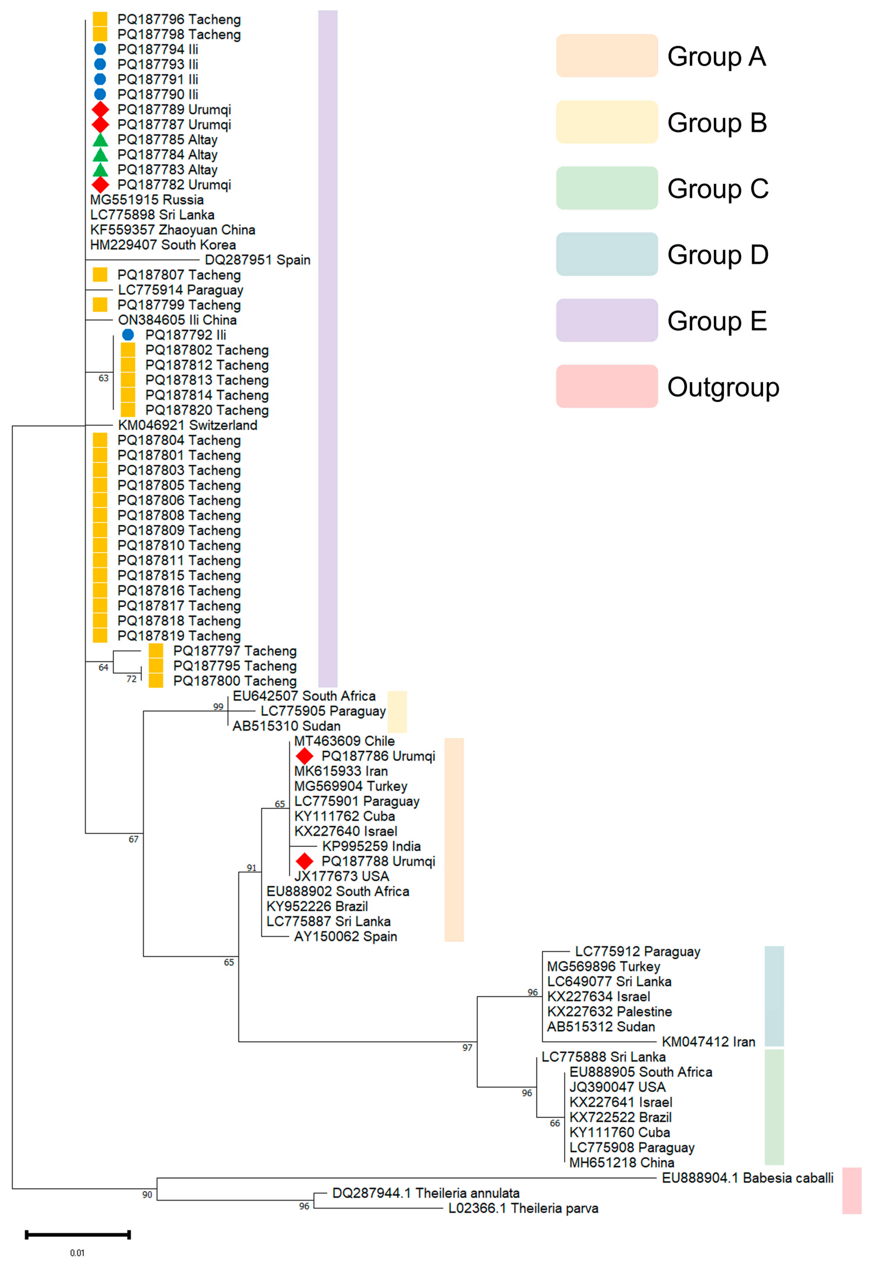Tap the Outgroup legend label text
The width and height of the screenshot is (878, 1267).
tap(723, 387)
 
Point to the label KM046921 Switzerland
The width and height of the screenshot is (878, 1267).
tap(188, 425)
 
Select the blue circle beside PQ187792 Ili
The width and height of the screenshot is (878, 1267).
tap(128, 334)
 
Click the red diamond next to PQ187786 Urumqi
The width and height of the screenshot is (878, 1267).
tap(304, 756)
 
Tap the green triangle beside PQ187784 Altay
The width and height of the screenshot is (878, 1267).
tap(100, 154)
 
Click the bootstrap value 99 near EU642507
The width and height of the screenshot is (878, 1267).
tap(218, 706)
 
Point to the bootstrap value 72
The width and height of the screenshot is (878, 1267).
tap(131, 679)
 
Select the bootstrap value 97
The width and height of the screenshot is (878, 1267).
tap(467, 1048)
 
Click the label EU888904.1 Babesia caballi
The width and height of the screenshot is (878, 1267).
tap(747, 1178)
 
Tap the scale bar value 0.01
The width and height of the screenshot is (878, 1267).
tap(77, 1253)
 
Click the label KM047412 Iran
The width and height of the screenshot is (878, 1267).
tap(708, 1041)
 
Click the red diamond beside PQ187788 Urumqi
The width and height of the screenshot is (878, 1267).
tap(304, 861)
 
